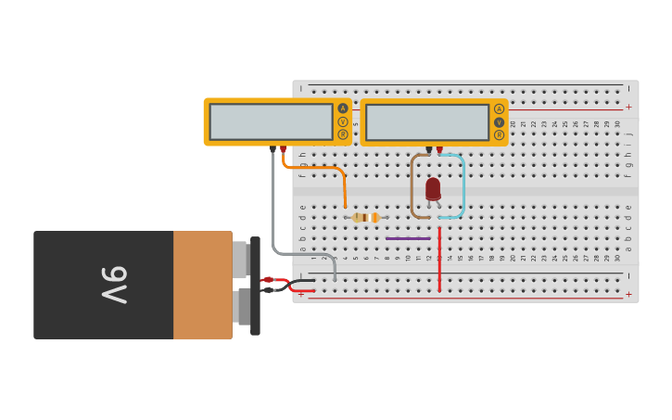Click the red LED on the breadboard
point(433,188)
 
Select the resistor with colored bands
point(366,217)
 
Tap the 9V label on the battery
point(113,285)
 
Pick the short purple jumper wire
point(408,238)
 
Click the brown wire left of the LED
point(412,185)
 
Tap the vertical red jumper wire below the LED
point(439,264)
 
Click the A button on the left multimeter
point(343,108)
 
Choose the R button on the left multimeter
point(343,134)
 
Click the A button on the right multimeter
point(500,108)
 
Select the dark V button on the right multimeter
point(500,121)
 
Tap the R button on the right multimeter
point(500,134)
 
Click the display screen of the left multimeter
point(271,121)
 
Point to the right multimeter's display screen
point(427,121)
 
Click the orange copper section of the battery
point(202,285)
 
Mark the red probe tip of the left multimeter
point(283,148)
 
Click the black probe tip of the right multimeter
point(429,148)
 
